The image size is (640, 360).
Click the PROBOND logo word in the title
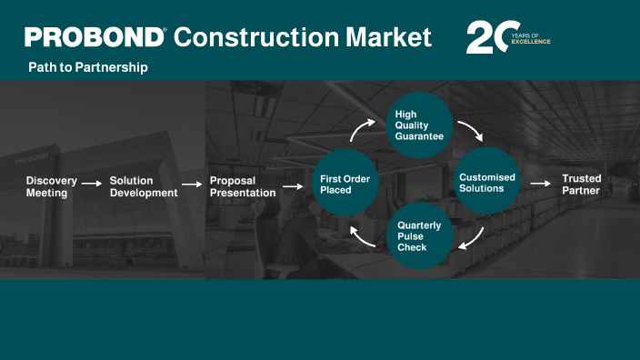point(95,37)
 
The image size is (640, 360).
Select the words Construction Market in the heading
point(302,37)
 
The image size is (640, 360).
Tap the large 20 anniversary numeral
point(485,37)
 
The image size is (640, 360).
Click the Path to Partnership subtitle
point(88,68)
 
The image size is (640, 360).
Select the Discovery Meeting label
point(51,186)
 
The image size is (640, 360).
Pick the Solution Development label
point(144,186)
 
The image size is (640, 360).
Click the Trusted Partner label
point(581,185)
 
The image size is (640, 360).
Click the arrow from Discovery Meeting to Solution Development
point(92,184)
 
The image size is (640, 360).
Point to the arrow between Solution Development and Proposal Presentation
point(192,185)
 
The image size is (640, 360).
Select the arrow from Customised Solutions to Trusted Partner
point(540,184)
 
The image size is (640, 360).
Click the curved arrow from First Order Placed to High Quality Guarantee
point(361,132)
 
